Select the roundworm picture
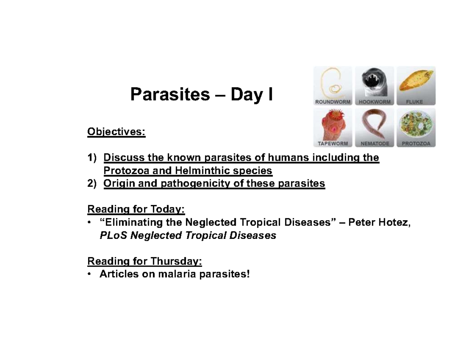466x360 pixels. pos(333,82)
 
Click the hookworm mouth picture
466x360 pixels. pos(374,82)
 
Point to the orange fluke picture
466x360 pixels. pos(416,82)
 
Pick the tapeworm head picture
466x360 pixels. pos(333,124)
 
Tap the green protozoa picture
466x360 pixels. pos(416,124)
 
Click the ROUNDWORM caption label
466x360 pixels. pos(333,102)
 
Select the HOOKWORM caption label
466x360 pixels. pos(374,102)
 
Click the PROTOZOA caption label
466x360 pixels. pos(416,143)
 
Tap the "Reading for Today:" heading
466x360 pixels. pos(136,210)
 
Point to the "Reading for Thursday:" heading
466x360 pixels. pos(145,261)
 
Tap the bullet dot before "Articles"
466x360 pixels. pos(90,275)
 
